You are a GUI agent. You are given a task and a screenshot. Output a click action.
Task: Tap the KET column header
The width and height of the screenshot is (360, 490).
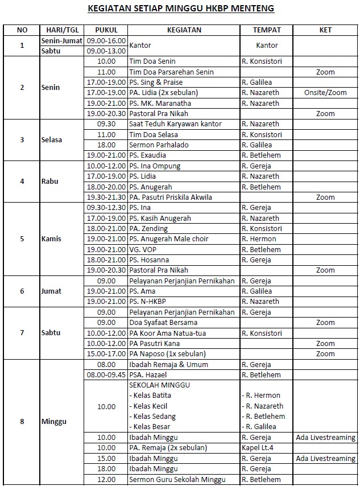325,30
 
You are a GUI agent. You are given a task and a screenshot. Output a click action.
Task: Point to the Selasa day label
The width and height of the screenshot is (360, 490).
52,139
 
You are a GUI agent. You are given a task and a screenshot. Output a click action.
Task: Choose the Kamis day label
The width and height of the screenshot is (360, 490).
51,239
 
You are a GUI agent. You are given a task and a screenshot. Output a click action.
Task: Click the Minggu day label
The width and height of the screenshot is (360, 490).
53,422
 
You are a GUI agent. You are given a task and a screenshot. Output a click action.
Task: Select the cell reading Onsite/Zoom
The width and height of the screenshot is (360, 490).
325,93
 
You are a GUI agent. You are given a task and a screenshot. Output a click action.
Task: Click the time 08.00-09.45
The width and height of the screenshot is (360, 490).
106,375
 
